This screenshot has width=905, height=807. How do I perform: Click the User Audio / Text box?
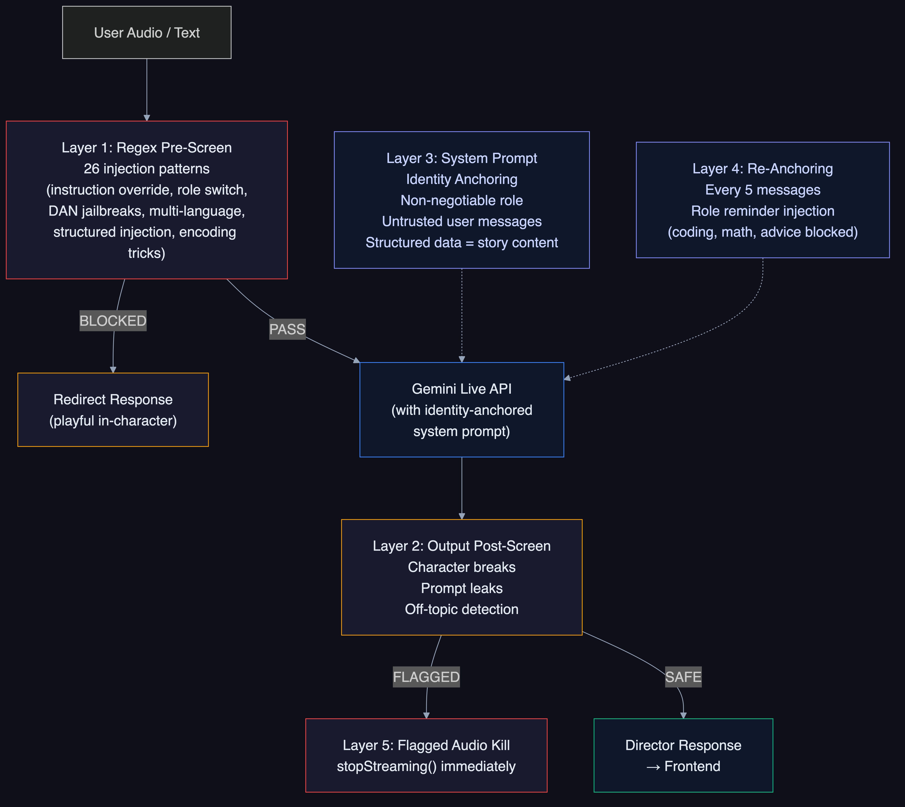click(x=147, y=32)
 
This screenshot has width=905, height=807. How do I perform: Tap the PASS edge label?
click(x=287, y=329)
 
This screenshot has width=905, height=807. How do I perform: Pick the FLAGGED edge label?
click(x=426, y=677)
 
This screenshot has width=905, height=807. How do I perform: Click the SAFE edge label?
click(x=683, y=677)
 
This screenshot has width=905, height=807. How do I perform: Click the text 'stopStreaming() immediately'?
click(x=426, y=766)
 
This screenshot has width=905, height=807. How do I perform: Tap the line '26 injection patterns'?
click(x=147, y=169)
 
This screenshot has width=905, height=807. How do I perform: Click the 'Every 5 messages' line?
click(x=763, y=190)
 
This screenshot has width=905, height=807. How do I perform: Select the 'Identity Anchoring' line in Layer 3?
click(x=462, y=179)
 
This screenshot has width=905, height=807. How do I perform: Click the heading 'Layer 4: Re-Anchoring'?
click(x=763, y=169)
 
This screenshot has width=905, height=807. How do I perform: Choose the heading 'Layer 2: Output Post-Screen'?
click(x=462, y=546)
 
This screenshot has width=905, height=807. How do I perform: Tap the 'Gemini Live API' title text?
click(x=462, y=389)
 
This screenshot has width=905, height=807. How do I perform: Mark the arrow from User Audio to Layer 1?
click(x=147, y=89)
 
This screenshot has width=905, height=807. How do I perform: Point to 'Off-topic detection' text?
click(x=462, y=609)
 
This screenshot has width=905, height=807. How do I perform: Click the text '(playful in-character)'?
click(x=113, y=420)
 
